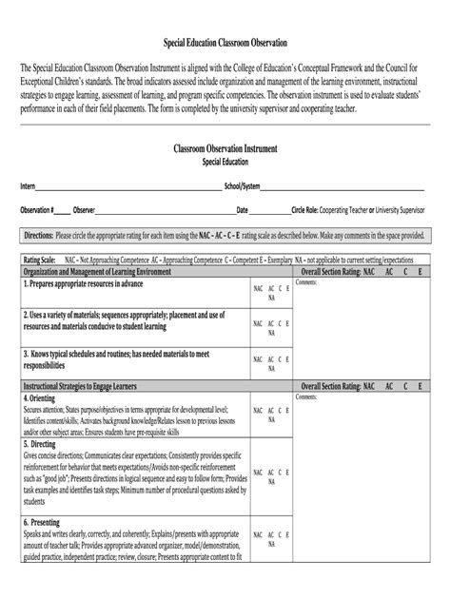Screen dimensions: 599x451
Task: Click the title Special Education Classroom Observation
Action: tap(225, 45)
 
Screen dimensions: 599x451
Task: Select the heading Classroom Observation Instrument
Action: tap(225, 149)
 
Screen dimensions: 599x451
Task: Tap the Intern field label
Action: tap(28, 186)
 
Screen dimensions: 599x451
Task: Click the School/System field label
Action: tap(242, 186)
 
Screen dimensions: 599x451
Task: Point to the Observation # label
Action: tap(37, 209)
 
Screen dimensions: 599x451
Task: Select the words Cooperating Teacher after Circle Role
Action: tap(349, 209)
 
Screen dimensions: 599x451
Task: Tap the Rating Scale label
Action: tap(39, 259)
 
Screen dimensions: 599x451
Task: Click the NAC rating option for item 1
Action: tap(258, 286)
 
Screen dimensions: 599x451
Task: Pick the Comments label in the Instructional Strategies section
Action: tap(305, 396)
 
